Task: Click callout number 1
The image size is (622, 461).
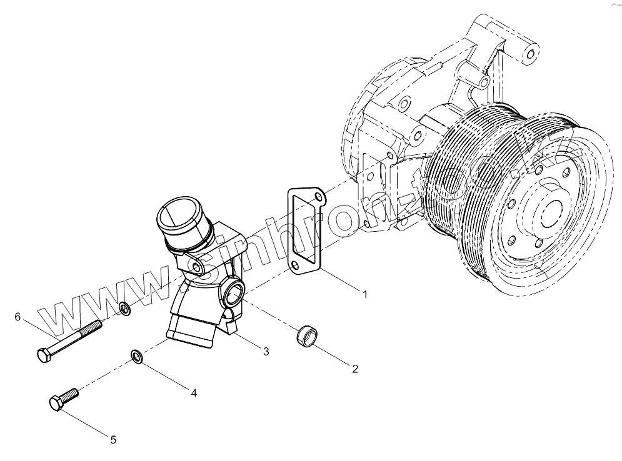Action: pyautogui.click(x=365, y=294)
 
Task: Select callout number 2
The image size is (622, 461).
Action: pyautogui.click(x=355, y=369)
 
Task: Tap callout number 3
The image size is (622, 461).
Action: pyautogui.click(x=266, y=352)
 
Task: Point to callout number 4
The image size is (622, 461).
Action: pyautogui.click(x=194, y=393)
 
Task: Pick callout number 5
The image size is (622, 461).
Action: pyautogui.click(x=113, y=440)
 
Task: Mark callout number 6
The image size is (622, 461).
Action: pyautogui.click(x=18, y=317)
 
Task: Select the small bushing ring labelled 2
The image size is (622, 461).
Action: pyautogui.click(x=307, y=335)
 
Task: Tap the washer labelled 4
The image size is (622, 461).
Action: pyautogui.click(x=137, y=356)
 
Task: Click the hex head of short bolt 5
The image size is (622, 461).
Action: pyautogui.click(x=56, y=403)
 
